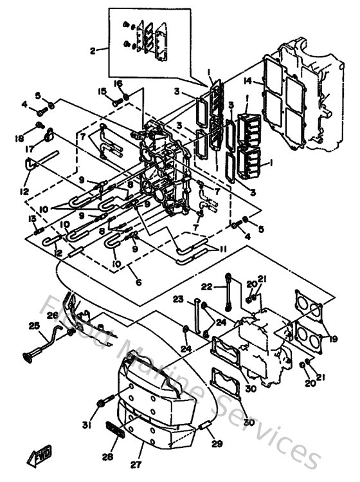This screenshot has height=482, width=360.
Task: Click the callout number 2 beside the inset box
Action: [93, 50]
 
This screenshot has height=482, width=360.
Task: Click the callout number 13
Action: [30, 219]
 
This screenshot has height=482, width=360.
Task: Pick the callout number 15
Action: [102, 91]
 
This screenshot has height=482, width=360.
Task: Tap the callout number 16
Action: [118, 83]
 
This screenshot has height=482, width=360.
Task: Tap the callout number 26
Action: [52, 315]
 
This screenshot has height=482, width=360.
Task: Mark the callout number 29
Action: [216, 444]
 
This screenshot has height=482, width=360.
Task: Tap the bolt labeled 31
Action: [102, 405]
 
